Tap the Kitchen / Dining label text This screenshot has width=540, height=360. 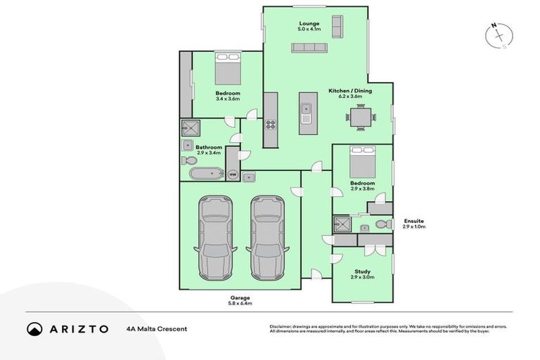pos(349,91)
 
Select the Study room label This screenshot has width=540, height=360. pos(363,271)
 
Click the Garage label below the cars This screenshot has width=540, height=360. pos(239,297)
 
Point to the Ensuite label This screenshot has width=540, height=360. pos(413,221)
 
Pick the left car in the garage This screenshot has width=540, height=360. pos(215,236)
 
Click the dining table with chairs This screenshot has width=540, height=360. pos(359,117)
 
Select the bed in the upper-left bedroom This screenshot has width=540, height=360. pos(228,70)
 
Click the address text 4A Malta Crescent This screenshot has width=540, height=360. pos(157,328)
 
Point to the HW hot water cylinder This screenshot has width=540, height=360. pos(232,174)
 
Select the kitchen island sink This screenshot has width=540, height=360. pos(307,109)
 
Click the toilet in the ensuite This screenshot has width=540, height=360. pos(382,224)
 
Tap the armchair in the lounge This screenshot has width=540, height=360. pos(335,27)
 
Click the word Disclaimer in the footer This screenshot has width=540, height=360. pos(283,326)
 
